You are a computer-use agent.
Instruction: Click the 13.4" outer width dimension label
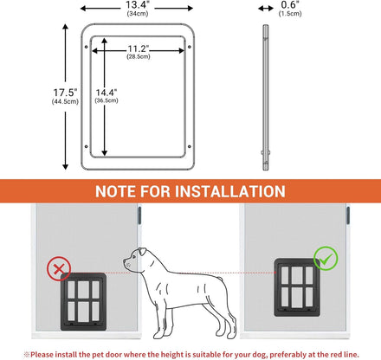[137, 5]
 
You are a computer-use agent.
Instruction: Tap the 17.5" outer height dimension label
[65, 93]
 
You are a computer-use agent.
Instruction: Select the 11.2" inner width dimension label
[139, 48]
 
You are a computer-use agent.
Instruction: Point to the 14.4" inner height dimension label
[107, 93]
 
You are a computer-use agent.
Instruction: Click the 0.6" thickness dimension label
[290, 5]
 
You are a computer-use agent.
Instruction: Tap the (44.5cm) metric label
[65, 101]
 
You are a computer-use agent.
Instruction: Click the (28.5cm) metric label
[139, 56]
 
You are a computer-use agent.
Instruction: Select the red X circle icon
[59, 269]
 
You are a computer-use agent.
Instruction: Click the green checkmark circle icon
[326, 259]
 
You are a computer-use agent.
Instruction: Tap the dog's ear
[142, 252]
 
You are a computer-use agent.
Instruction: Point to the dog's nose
[125, 260]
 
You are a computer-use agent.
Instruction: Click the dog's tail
[220, 280]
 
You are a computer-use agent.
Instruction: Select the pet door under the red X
[83, 301]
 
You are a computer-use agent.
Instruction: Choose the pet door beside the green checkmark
[297, 287]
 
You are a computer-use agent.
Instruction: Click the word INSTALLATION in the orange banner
[230, 191]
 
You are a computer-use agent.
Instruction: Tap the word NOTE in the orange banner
[115, 191]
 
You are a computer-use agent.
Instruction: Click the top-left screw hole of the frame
[86, 47]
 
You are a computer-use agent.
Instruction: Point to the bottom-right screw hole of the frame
[190, 146]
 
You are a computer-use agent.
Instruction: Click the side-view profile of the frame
[266, 98]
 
